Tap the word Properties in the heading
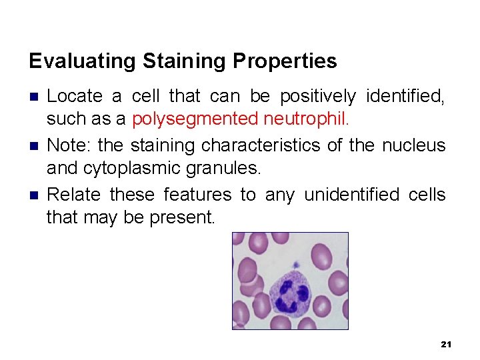[x=285, y=61]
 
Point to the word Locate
[x=75, y=97]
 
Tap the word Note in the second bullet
[x=65, y=145]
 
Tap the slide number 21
[x=447, y=344]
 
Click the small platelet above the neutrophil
[x=295, y=265]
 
